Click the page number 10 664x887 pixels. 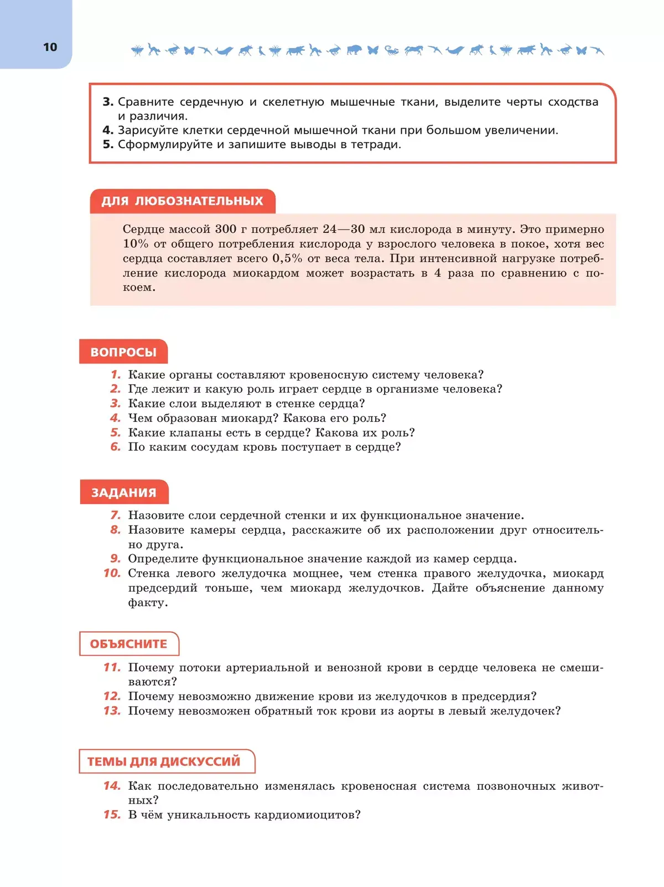(x=50, y=48)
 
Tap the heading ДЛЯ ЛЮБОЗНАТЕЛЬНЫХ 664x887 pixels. (x=182, y=201)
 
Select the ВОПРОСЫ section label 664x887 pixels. (x=123, y=352)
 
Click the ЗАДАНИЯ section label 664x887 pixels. (x=124, y=493)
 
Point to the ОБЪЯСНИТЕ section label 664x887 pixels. (x=128, y=644)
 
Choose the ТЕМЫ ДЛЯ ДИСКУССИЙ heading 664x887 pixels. (x=164, y=761)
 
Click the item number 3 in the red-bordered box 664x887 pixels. (x=108, y=102)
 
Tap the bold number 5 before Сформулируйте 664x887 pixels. (x=108, y=144)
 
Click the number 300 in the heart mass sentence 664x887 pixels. (x=226, y=229)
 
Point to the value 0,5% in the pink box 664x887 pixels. (x=287, y=258)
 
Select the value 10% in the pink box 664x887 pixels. (x=136, y=244)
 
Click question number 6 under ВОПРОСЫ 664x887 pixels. (x=116, y=447)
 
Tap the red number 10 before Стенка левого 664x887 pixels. (x=112, y=573)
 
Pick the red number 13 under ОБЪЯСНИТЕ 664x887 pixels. (x=112, y=711)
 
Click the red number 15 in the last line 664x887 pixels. (x=112, y=815)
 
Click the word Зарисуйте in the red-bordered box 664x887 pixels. (x=145, y=131)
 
